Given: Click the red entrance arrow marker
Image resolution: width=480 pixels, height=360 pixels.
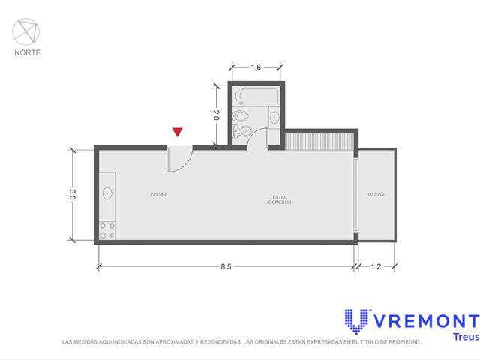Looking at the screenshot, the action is tap(177, 132).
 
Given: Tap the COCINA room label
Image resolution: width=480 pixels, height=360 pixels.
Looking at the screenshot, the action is tap(159, 195).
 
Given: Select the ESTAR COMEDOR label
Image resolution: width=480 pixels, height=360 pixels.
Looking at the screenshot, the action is tap(280, 199).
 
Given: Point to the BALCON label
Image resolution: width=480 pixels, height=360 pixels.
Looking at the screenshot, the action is tap(375, 195).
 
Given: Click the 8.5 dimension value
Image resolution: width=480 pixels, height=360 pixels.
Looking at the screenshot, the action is tap(226, 267).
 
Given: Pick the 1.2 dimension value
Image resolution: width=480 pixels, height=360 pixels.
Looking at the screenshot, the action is tap(376, 267).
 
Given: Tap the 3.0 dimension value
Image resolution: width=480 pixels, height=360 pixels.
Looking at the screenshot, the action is tap(72, 195).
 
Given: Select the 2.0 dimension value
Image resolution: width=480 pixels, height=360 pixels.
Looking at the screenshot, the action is tap(216, 115).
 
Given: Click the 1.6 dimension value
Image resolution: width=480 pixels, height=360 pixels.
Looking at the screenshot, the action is tap(256, 67).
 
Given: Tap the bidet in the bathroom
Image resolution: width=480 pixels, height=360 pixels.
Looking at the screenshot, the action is tap(240, 116).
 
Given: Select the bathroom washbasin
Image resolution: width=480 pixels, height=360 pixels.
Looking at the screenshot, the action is tap(274, 117).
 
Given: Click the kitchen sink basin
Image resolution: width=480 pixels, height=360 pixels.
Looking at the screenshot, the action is tap(107, 193).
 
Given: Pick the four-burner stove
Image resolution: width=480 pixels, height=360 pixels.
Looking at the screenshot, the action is tap(106, 231).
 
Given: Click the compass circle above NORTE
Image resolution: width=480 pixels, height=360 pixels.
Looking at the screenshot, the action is tap(26, 31).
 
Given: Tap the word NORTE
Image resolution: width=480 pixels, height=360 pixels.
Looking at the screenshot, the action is tap(28, 52).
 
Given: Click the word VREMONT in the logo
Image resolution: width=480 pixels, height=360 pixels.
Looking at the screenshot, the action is tap(427, 321).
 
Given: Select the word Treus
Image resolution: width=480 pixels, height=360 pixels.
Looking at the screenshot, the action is tap(466, 337).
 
